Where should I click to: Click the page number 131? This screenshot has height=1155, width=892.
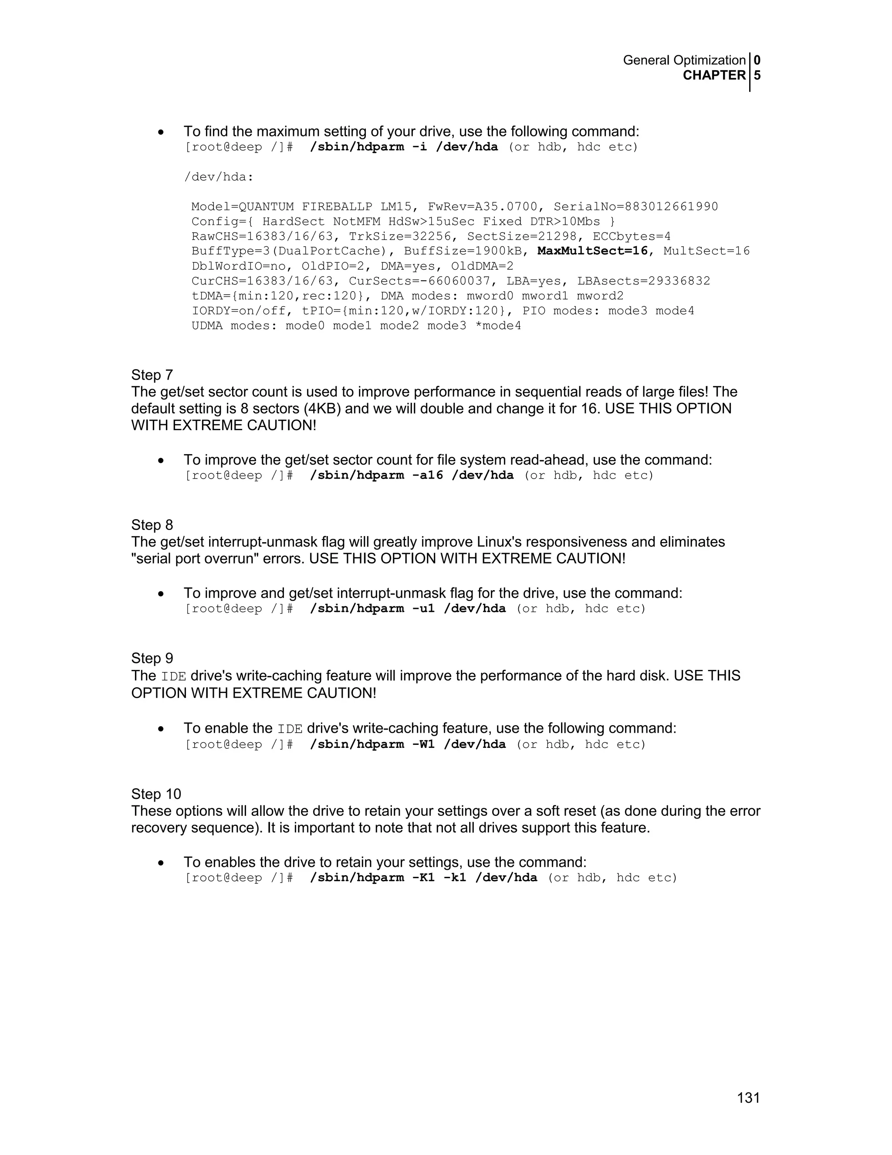748,1098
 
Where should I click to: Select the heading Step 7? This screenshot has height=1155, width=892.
152,375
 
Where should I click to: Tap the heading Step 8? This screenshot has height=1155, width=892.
152,525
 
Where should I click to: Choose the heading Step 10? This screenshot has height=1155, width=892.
156,794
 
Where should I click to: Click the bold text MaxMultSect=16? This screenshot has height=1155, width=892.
592,251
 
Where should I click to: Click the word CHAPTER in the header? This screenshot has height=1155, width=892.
714,76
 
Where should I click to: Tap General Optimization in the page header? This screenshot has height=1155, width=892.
684,60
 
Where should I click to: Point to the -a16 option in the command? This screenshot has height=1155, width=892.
428,476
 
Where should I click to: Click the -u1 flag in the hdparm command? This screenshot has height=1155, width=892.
423,609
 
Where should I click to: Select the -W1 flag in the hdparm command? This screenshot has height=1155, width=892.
423,744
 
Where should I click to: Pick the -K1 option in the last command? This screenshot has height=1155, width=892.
423,878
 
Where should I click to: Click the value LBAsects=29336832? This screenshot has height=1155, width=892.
644,281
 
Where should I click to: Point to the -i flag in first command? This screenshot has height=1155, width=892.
419,147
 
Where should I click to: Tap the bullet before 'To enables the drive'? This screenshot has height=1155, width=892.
161,863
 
